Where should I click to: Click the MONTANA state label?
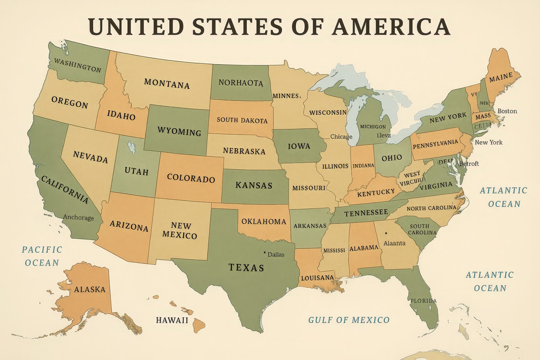tap(167, 83)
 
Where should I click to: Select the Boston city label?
tap(507, 111)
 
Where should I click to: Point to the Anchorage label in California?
tap(78, 217)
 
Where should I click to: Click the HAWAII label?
tap(172, 320)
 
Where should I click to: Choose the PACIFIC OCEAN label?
tap(42, 256)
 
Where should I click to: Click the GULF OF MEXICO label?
tap(349, 320)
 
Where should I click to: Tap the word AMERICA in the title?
tap(391, 27)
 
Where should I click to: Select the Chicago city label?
tap(341, 137)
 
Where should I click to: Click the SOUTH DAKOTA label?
tap(242, 120)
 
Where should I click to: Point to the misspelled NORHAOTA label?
tap(241, 83)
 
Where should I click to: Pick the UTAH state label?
tap(136, 171)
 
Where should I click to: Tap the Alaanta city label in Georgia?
tap(394, 243)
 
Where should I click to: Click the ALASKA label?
tap(90, 289)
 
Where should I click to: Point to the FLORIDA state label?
tap(423, 301)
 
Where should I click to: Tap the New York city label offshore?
tap(488, 142)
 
